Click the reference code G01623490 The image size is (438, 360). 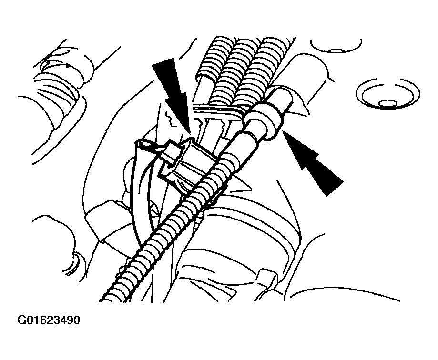(x=49, y=320)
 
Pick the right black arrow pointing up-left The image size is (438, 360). (x=312, y=162)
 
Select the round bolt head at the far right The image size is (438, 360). (x=388, y=94)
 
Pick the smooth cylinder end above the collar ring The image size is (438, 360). (x=282, y=100)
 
